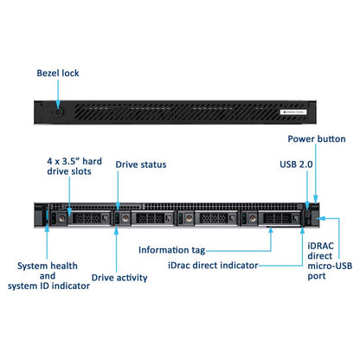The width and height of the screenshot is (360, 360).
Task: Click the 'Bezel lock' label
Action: tap(58, 74)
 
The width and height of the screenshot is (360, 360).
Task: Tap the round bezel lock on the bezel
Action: tap(58, 112)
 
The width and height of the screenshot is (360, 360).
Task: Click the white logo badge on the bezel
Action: tap(293, 112)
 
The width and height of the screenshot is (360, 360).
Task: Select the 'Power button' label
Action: tap(317, 139)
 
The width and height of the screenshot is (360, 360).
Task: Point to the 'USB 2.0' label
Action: tap(296, 164)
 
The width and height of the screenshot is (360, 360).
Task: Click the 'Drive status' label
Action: tap(141, 164)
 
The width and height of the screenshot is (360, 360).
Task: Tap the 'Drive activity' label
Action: tap(119, 278)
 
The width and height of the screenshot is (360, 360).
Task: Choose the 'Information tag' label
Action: tap(172, 250)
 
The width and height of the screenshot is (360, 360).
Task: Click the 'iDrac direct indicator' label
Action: tap(213, 266)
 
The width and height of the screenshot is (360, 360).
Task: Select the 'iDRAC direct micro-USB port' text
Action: tap(330, 261)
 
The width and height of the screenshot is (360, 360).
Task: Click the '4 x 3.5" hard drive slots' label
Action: tap(74, 166)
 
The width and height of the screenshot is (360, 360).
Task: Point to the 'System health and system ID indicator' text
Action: tap(48, 276)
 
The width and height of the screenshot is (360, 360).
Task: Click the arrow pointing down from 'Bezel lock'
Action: tap(58, 94)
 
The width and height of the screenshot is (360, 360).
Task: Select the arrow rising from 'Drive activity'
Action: tap(116, 250)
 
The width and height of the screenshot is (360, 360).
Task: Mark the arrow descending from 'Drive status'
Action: tap(118, 191)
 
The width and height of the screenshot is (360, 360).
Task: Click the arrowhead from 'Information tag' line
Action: tap(271, 230)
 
